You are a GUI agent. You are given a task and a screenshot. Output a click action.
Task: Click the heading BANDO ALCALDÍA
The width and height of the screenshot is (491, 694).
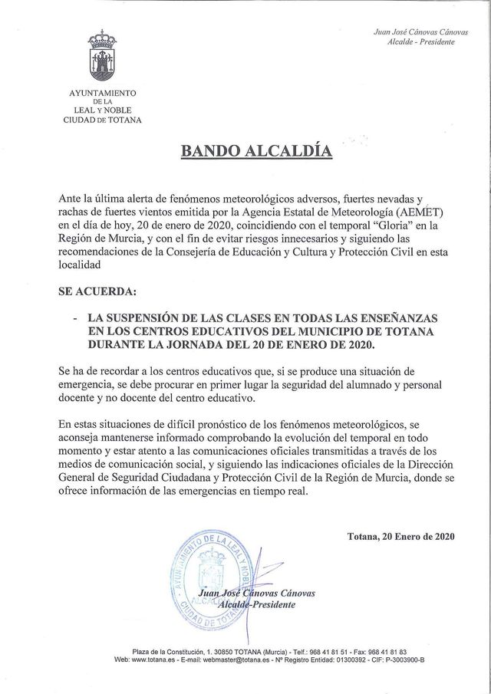[x=256, y=150]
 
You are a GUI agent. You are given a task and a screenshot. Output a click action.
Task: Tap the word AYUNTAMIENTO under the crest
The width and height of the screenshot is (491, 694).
[x=103, y=93]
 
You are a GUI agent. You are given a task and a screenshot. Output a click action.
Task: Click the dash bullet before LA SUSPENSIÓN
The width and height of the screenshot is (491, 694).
[x=74, y=317]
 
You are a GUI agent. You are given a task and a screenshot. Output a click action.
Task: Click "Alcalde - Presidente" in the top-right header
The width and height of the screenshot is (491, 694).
[x=422, y=42]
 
